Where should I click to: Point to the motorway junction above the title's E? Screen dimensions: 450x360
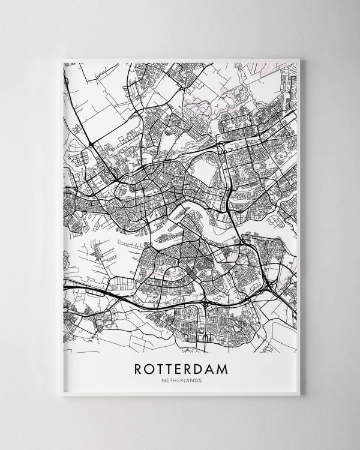pos(204,306)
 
